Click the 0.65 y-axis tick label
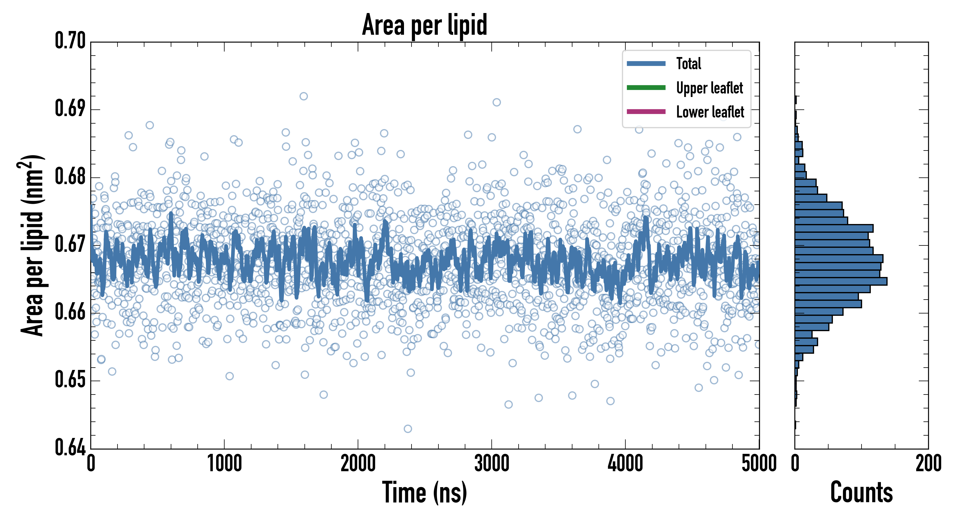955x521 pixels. tap(70, 380)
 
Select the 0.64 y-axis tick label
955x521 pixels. tap(70, 447)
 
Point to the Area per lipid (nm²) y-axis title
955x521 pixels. tap(32, 245)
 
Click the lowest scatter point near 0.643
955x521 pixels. tap(407, 429)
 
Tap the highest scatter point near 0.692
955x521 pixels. tap(304, 96)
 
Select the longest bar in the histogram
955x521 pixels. tap(841, 281)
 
